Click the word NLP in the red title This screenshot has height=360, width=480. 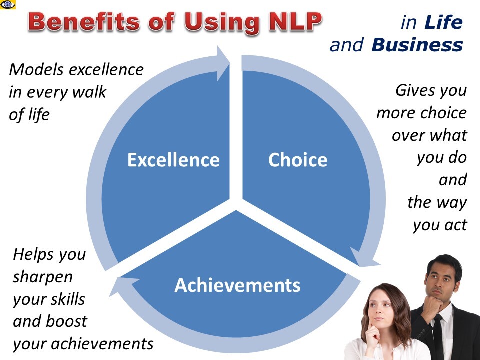[x=295, y=22]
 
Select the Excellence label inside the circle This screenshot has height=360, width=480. [x=173, y=160]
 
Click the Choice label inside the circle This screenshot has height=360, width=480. [x=298, y=160]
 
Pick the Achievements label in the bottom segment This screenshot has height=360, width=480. [x=237, y=285]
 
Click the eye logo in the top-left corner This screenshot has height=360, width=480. [x=8, y=4]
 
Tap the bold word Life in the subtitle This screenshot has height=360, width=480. [x=443, y=22]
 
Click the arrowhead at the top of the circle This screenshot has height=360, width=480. [x=223, y=63]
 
